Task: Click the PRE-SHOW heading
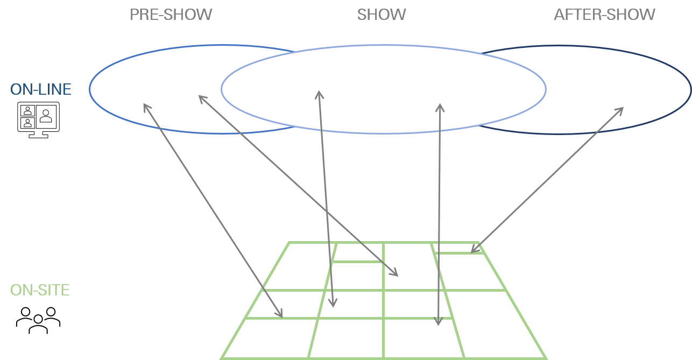coord(171,15)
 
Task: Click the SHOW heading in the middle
coord(382,15)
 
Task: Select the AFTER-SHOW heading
coord(604,15)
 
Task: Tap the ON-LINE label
coord(41,89)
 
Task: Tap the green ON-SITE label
coord(40,290)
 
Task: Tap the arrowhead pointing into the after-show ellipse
coord(622,109)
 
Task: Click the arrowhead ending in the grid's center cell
coord(396,275)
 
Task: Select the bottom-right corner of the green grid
coord(546,358)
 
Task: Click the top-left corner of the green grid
coord(289,243)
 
